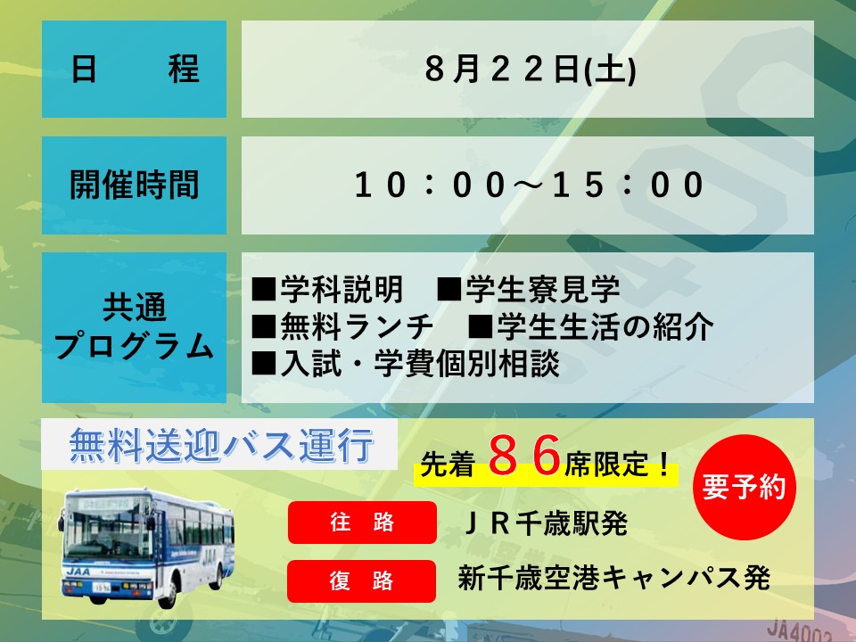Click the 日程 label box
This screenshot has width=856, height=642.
tap(135, 69)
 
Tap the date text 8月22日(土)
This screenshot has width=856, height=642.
tap(530, 70)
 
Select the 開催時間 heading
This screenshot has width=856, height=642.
tap(135, 185)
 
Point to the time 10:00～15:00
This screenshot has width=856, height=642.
tap(530, 185)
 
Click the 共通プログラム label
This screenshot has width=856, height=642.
tap(135, 326)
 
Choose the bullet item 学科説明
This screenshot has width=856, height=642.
tap(327, 289)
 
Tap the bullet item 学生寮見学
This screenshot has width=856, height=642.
tap(529, 289)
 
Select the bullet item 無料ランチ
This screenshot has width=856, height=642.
tap(342, 326)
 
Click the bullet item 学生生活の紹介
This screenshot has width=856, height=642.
tap(590, 326)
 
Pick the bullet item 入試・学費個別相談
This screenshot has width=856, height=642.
tap(406, 364)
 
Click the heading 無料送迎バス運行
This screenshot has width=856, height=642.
tap(222, 445)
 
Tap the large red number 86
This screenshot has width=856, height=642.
tap(524, 456)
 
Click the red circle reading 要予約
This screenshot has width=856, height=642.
tap(744, 487)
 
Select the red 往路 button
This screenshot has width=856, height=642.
tap(362, 523)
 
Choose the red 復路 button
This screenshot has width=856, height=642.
tap(361, 580)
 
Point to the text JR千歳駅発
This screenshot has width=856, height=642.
tap(546, 523)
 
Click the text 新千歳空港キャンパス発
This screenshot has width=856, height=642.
tap(614, 578)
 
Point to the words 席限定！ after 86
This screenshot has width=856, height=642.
tap(617, 465)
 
